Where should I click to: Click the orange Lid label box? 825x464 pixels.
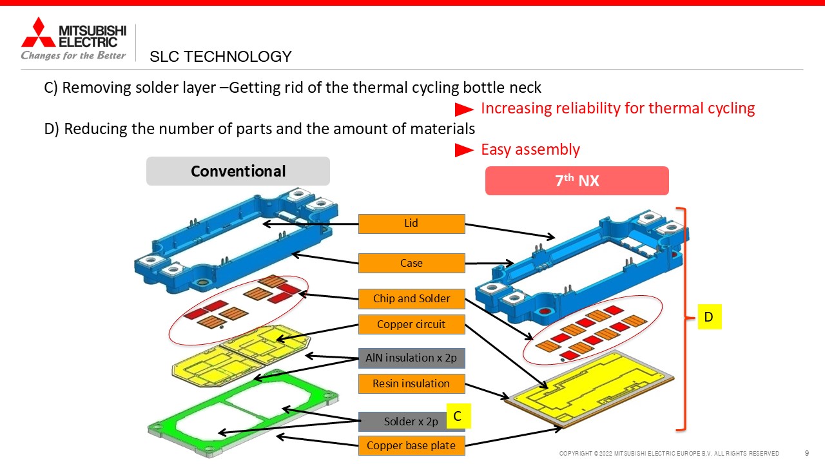point(411,224)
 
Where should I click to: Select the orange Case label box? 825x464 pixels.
point(411,263)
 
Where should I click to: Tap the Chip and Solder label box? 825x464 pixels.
point(411,298)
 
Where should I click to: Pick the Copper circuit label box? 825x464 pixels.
point(411,324)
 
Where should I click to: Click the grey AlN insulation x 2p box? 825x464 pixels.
point(411,358)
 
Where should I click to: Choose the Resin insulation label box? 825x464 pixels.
point(411,383)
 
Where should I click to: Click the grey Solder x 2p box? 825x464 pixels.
point(403,421)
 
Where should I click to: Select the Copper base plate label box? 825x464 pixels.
point(411,445)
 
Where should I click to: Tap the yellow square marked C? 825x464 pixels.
point(458,416)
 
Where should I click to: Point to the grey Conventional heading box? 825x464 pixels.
point(238,171)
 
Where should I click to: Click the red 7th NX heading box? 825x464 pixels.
point(577,181)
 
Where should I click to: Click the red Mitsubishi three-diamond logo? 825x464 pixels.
point(38,32)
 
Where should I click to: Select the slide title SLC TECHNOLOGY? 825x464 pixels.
point(220,57)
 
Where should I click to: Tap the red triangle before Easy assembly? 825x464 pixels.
point(464,150)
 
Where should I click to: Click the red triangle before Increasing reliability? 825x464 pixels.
point(464,110)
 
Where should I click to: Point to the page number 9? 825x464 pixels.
point(806,453)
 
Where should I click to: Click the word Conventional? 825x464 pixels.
point(238,171)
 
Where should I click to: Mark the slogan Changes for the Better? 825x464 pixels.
point(73,55)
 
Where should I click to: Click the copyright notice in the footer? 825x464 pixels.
point(669,453)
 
